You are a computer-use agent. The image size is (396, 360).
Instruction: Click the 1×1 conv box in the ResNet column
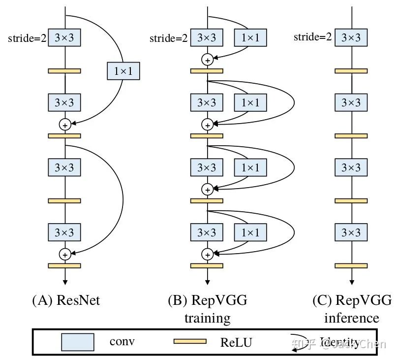tap(123, 71)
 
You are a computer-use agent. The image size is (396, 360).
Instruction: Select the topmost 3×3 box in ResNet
tap(64, 37)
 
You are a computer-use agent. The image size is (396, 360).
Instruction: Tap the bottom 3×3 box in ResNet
tap(64, 232)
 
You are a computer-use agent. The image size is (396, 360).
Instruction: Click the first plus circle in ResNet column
tap(64, 125)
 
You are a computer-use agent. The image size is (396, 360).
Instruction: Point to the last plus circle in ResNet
tap(64, 254)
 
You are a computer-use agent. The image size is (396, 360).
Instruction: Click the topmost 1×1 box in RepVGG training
tap(250, 37)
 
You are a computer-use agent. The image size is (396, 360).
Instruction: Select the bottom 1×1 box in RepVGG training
tap(250, 232)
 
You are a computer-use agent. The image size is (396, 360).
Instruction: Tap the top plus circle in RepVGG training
tap(207, 60)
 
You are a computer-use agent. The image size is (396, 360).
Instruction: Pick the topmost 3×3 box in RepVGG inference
tap(351, 37)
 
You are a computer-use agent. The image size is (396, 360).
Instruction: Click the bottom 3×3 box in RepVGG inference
tap(351, 232)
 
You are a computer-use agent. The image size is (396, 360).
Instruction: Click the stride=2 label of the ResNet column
tap(27, 38)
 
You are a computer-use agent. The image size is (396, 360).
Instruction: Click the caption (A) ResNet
tap(65, 300)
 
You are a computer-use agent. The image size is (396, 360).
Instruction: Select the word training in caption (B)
tap(207, 318)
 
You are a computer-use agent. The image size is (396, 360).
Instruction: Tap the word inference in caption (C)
tap(351, 318)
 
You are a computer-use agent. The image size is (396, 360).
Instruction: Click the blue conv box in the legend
tap(77, 341)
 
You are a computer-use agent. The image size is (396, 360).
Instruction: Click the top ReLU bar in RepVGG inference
tap(351, 71)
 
